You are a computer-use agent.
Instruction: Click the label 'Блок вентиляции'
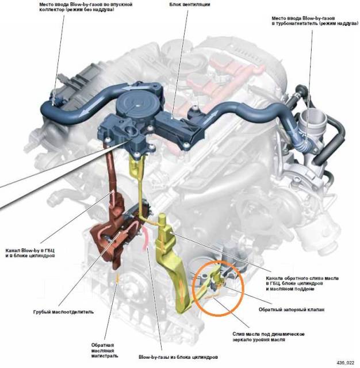click(x=190, y=5)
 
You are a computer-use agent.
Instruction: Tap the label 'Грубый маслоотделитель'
click(x=63, y=312)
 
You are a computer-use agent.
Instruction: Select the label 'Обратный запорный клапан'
click(x=292, y=309)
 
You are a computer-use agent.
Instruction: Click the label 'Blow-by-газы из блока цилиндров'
click(x=178, y=357)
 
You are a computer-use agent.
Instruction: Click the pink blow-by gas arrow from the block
click(x=145, y=237)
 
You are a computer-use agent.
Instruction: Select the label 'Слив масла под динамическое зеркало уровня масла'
click(x=268, y=337)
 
